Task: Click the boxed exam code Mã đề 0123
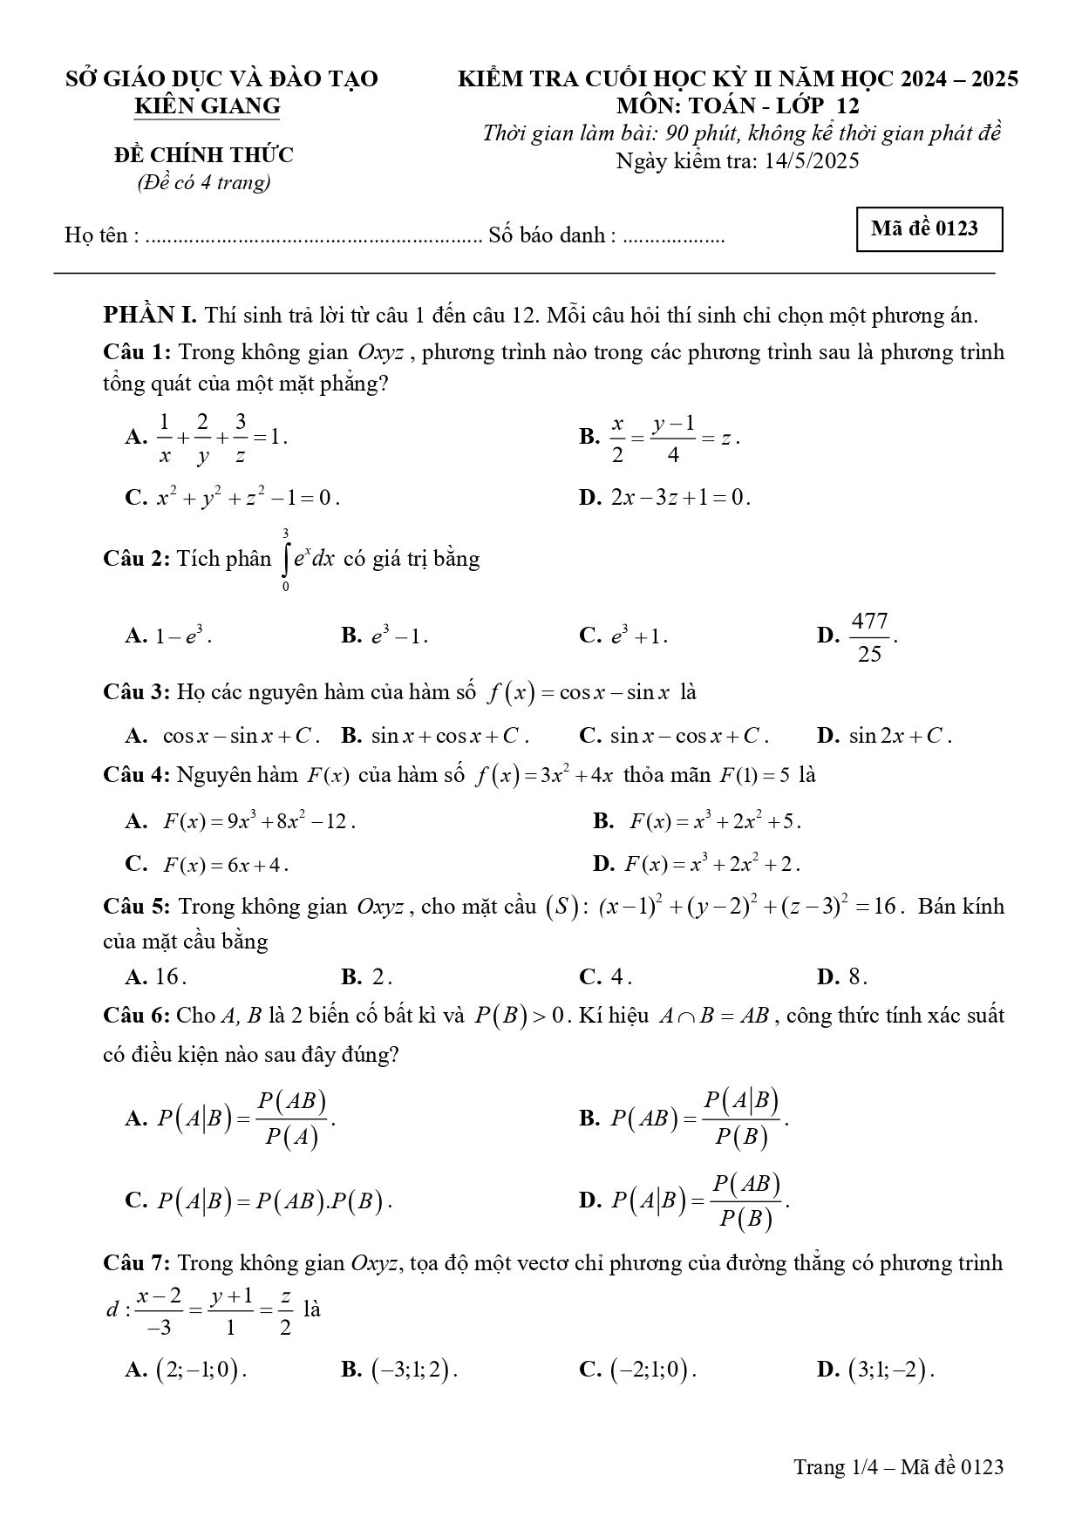click(x=929, y=229)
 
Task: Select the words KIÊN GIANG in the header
click(x=208, y=106)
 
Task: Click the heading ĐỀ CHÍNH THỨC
click(x=204, y=155)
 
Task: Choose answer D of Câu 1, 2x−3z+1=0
click(x=680, y=498)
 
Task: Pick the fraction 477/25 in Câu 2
click(x=869, y=637)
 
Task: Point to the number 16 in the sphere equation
click(x=884, y=907)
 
